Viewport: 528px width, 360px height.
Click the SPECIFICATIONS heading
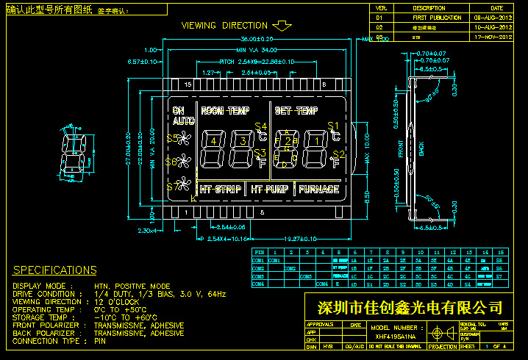click(x=55, y=270)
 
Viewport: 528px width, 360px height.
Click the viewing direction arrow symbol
click(x=282, y=26)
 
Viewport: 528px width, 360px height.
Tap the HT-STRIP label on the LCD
click(x=221, y=190)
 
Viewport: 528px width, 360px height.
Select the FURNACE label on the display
click(x=318, y=190)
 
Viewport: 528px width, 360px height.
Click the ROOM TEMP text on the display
click(x=225, y=111)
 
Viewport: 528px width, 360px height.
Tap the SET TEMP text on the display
click(x=296, y=111)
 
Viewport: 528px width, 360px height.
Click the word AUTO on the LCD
click(x=184, y=121)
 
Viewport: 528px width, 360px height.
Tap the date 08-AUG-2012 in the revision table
click(x=493, y=16)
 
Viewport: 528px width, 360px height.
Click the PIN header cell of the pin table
click(x=258, y=252)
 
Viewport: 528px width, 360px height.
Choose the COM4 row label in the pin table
click(x=258, y=283)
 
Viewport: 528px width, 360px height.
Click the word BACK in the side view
click(x=421, y=149)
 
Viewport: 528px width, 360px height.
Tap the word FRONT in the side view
click(x=401, y=149)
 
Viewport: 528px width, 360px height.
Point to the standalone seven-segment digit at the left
click(x=72, y=155)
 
